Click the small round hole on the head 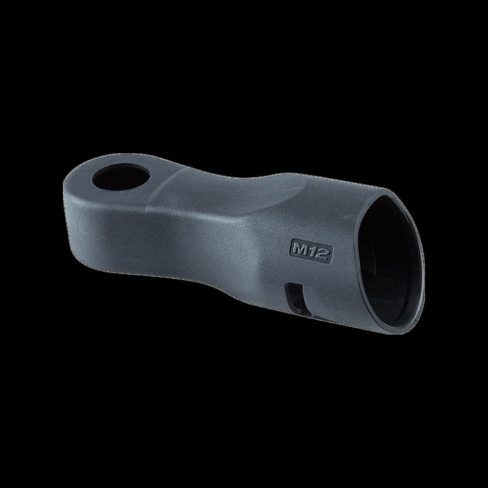tap(121, 176)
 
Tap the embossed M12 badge tap(311, 251)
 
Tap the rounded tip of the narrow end tap(65, 193)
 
